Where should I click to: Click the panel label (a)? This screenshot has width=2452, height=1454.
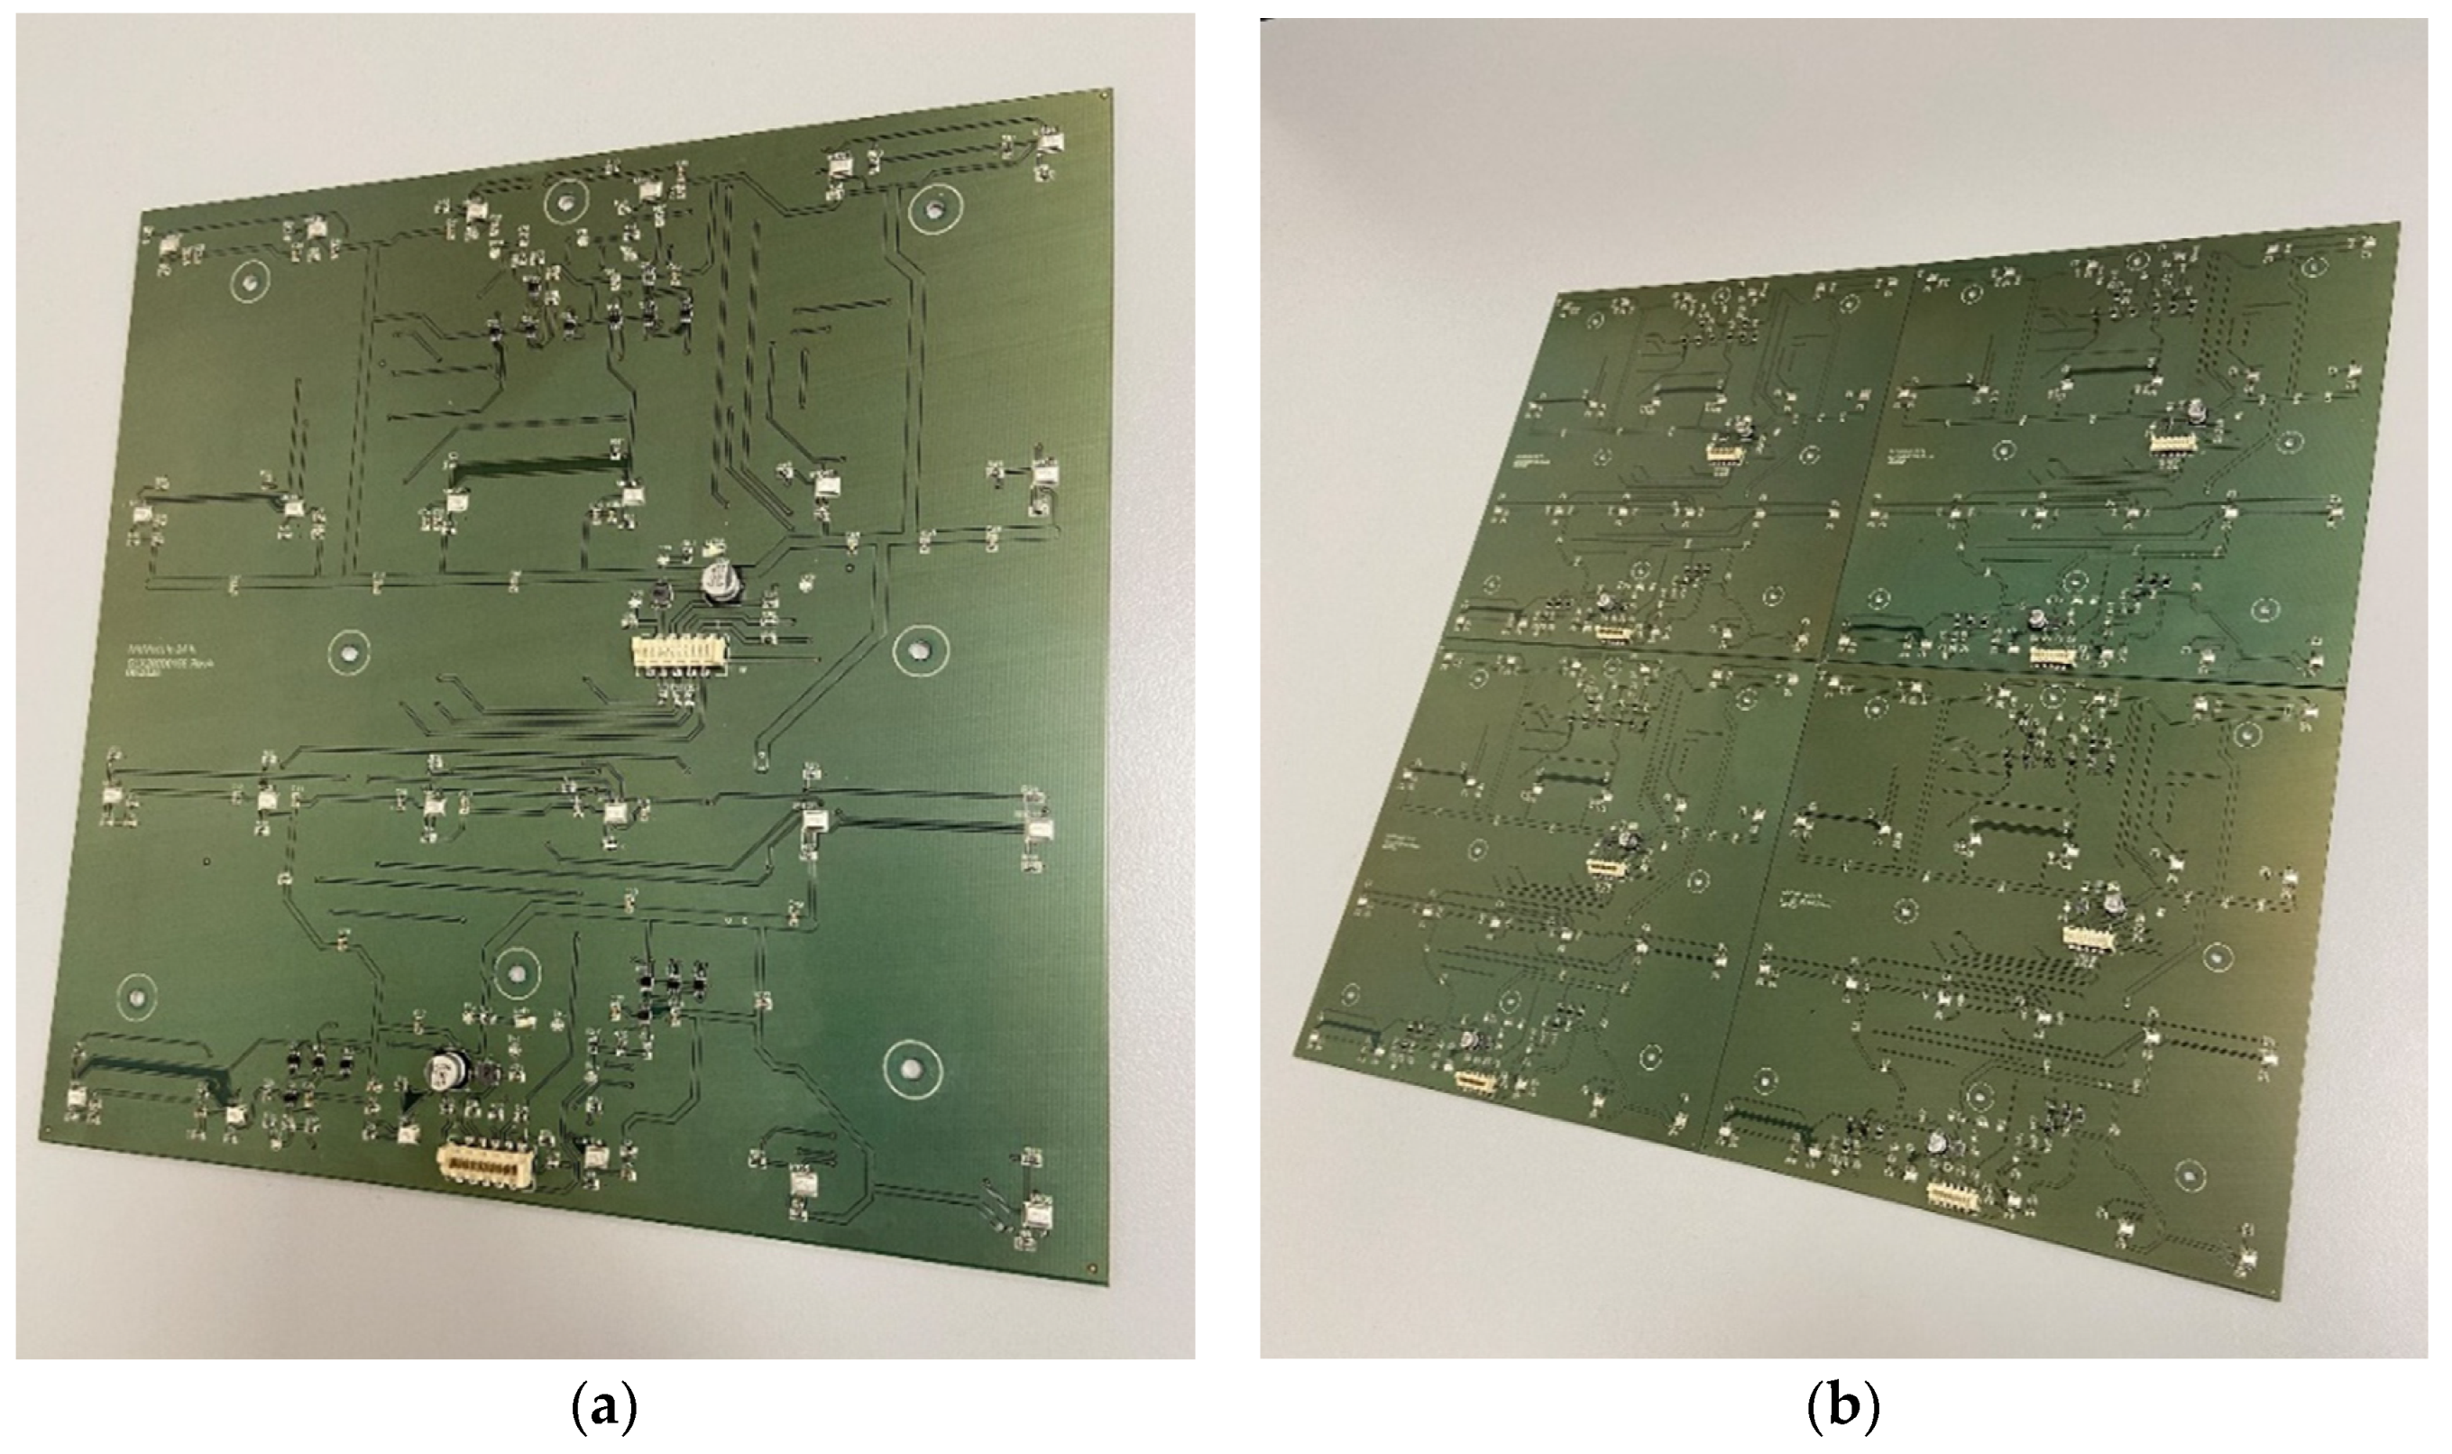click(x=603, y=1410)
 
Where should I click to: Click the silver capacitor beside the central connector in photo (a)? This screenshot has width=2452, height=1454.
click(x=723, y=581)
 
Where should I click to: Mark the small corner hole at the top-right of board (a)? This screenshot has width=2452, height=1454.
click(x=1106, y=96)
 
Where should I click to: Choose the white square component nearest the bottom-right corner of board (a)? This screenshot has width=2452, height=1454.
click(x=1036, y=1215)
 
